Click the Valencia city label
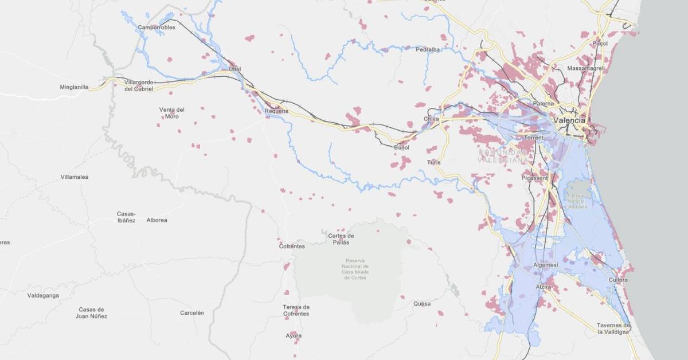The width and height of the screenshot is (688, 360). [x=570, y=120]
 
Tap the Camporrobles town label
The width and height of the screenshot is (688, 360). [x=157, y=27]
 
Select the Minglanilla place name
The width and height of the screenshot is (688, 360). [x=74, y=87]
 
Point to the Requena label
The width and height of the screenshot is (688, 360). [x=276, y=111]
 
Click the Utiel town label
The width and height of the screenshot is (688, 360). [x=234, y=69]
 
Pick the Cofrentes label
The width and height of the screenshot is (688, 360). [x=292, y=246]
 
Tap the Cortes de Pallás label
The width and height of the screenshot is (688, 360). [x=341, y=239]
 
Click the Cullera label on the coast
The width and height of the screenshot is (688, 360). [x=618, y=280]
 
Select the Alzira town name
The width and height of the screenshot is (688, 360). [x=543, y=287]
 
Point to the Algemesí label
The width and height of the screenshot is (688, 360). [x=545, y=265]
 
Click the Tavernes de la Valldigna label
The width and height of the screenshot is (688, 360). [x=613, y=328]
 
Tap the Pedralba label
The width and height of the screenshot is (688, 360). [x=428, y=50]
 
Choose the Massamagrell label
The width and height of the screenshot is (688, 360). [x=585, y=68]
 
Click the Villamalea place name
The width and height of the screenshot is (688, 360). [x=75, y=177]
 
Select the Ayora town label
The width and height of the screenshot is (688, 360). [x=294, y=335]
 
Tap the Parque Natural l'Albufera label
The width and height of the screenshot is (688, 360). [x=578, y=200]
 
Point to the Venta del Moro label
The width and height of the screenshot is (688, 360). [x=172, y=113]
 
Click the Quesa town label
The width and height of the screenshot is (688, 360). [x=421, y=304]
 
